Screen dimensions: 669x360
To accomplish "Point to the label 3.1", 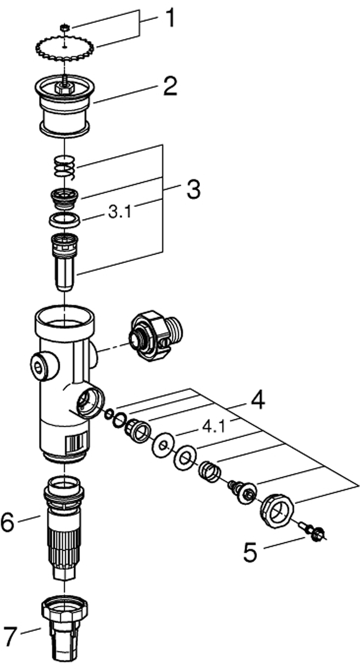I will pos(120,213).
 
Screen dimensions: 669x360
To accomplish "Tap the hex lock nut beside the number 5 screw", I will pos(276,509).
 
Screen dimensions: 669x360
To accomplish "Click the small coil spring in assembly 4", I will pos(208,472).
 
